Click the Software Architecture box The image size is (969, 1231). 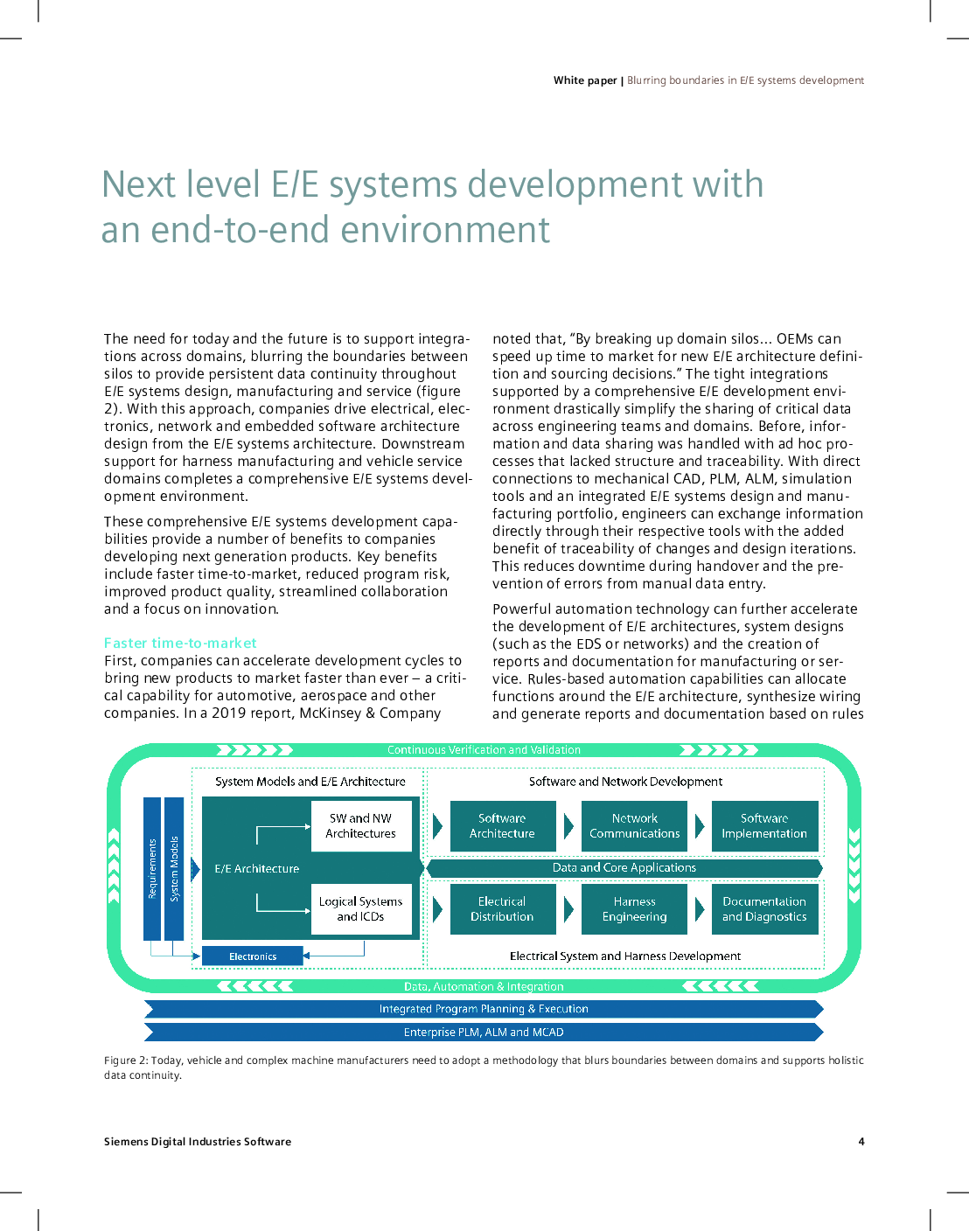[x=503, y=826]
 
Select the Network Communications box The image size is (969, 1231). [x=634, y=826]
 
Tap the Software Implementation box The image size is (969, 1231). [x=764, y=826]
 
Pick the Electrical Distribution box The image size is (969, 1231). [x=503, y=909]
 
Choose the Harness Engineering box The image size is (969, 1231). [x=634, y=909]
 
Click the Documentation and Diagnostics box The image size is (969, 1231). [x=764, y=909]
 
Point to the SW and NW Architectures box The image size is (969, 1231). [x=361, y=826]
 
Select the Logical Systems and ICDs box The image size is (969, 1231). [x=361, y=909]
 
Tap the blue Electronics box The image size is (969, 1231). [x=253, y=956]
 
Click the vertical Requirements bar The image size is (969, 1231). [x=151, y=868]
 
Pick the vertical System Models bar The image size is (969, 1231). [x=174, y=868]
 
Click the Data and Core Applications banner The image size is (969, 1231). [x=624, y=868]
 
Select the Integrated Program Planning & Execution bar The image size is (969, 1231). [x=484, y=1008]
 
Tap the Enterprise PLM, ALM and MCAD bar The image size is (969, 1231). [x=484, y=1032]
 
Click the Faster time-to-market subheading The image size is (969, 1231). [x=180, y=643]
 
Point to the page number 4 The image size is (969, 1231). [x=861, y=1141]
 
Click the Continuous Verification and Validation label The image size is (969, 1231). [x=484, y=749]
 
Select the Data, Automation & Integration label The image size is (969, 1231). [x=484, y=986]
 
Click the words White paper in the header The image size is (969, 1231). [x=585, y=80]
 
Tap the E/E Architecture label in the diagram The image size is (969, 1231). [x=257, y=868]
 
